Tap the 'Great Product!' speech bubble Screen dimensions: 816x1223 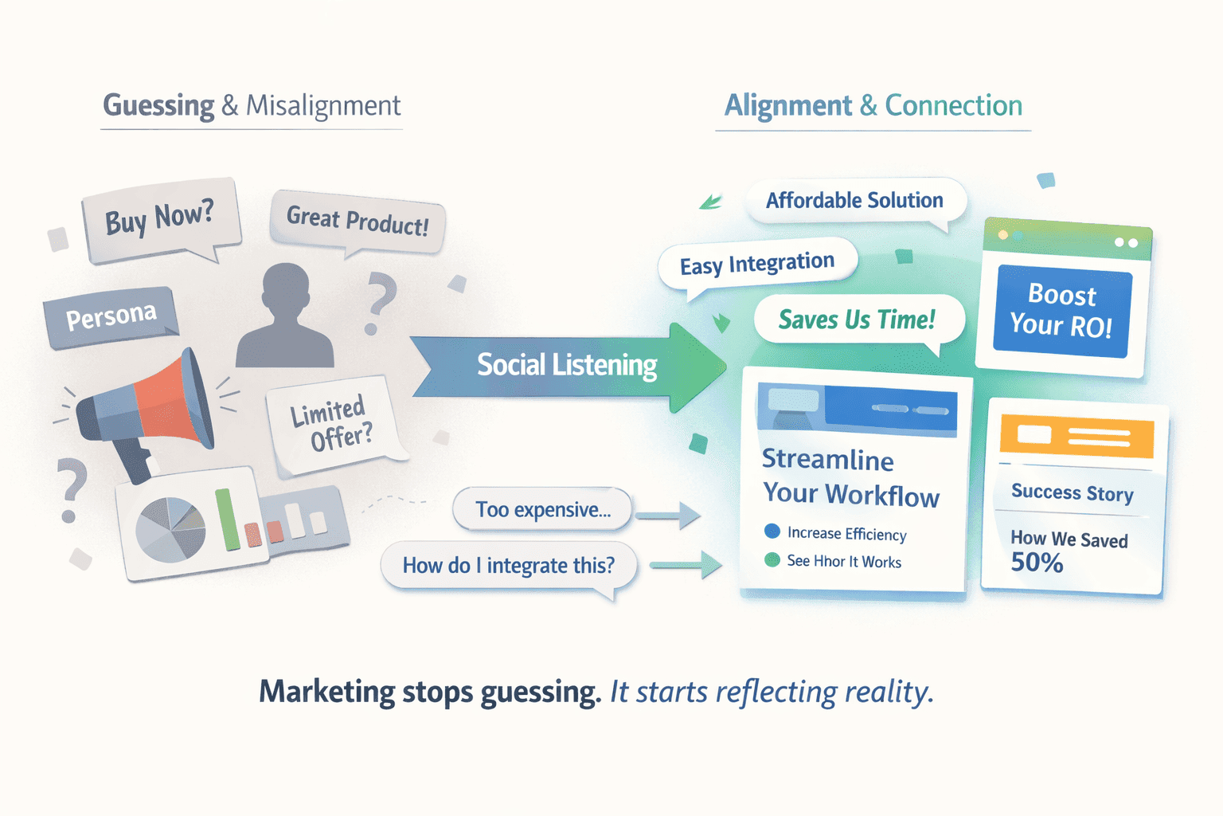358,220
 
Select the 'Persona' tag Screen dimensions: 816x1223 111,316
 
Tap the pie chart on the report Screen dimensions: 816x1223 170,528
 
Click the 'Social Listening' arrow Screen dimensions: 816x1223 567,366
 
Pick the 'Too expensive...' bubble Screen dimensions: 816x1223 543,510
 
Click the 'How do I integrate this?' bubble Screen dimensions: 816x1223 508,566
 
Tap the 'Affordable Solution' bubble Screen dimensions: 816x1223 854,201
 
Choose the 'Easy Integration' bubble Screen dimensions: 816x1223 756,264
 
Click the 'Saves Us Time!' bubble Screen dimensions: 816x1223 857,320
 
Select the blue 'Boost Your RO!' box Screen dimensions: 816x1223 1061,310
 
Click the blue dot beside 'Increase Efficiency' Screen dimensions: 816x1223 772,531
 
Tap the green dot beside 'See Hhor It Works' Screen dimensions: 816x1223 772,559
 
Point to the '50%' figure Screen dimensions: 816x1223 1037,563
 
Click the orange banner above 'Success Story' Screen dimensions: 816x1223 1076,436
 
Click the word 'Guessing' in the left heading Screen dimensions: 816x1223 158,106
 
